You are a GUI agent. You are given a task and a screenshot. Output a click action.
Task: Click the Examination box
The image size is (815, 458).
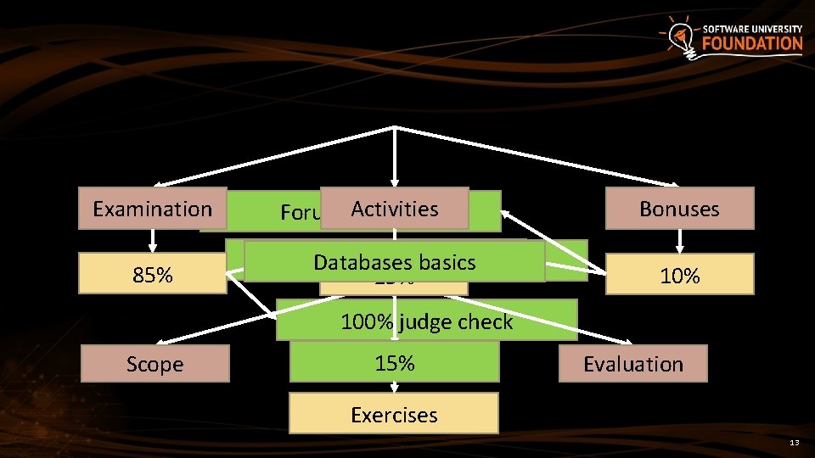point(153,209)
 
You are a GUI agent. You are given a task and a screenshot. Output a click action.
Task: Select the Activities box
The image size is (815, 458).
point(395,209)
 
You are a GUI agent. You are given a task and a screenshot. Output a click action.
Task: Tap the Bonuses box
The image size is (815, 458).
point(679,209)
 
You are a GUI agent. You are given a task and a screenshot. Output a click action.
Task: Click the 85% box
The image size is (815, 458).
point(153,274)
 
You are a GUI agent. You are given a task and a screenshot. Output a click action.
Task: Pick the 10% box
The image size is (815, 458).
point(679,274)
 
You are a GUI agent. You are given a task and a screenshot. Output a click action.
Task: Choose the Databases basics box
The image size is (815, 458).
point(395,262)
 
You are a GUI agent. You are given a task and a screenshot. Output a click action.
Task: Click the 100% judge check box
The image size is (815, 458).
point(426,321)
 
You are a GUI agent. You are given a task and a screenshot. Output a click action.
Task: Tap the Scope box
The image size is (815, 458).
point(155,364)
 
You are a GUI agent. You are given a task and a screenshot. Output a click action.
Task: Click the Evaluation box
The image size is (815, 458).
point(632,364)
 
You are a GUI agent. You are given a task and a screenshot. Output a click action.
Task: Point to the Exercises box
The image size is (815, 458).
point(394,415)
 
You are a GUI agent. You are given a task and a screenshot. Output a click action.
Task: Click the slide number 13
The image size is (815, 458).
point(794,443)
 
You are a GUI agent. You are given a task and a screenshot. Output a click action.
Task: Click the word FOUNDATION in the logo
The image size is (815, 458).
point(752,43)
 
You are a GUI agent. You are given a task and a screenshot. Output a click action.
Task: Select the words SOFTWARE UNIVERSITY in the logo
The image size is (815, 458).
point(752,29)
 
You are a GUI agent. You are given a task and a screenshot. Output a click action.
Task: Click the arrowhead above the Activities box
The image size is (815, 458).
point(395,182)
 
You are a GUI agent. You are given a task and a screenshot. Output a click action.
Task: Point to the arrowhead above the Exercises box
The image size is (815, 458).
point(394,389)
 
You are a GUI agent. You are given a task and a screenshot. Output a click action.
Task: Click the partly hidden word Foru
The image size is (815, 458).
point(299,213)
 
